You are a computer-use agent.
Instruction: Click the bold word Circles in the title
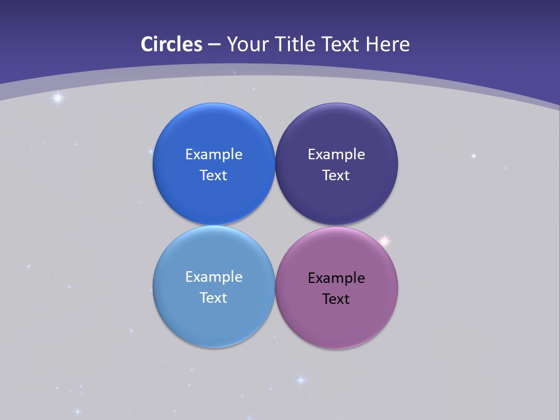point(171,44)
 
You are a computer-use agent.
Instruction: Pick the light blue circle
point(213,321)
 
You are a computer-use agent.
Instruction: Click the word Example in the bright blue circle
point(213,155)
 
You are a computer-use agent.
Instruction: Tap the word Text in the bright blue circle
point(213,176)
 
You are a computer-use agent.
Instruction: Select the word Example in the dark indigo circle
point(336,155)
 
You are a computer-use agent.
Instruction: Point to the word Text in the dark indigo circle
point(336,176)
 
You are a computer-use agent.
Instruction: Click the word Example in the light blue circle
point(213,277)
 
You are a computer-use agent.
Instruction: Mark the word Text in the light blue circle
point(213,298)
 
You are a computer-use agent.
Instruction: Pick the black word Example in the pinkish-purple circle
point(336,278)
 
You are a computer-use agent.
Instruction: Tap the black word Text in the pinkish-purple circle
point(336,299)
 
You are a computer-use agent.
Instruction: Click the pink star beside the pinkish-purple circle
point(384,241)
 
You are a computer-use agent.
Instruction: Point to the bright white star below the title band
point(57,98)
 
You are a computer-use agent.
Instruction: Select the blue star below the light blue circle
point(301,380)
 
